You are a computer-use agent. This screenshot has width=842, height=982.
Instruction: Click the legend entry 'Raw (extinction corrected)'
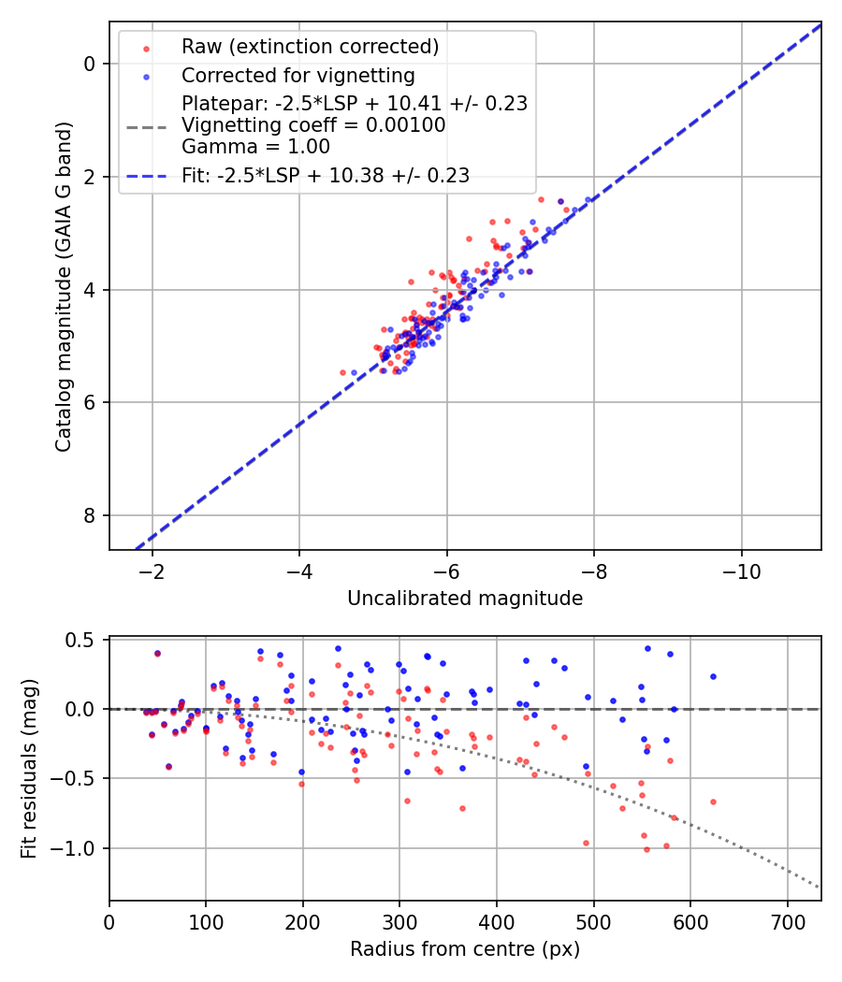point(310,47)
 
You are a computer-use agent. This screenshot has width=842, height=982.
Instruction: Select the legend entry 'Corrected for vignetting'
point(298,75)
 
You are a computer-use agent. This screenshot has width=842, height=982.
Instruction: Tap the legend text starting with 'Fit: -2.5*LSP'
point(326,175)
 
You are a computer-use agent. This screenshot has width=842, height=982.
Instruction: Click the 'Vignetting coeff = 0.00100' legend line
point(313,124)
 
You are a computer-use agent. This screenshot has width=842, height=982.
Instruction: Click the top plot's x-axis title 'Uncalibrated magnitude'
point(465,599)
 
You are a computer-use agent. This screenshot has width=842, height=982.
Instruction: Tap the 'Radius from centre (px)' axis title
point(465,949)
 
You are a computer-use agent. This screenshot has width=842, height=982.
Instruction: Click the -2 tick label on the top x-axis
point(152,569)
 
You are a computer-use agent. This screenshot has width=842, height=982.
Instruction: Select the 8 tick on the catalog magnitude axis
point(90,515)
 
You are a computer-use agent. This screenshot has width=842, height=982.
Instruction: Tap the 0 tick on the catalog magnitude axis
point(90,64)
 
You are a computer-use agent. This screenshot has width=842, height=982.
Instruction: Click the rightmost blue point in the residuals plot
point(713,676)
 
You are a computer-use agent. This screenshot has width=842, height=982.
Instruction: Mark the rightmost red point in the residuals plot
point(713,801)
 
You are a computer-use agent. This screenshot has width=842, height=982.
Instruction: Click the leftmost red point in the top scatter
point(342,372)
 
